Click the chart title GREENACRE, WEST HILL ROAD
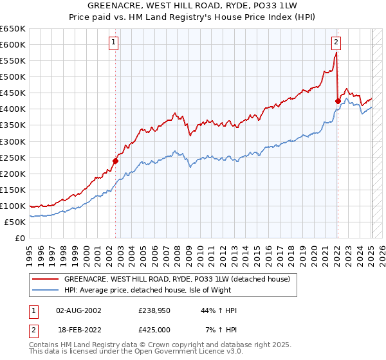[x=192, y=6]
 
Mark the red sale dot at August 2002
[x=116, y=161]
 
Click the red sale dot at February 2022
[x=338, y=100]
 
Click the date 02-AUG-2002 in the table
[x=78, y=310]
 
